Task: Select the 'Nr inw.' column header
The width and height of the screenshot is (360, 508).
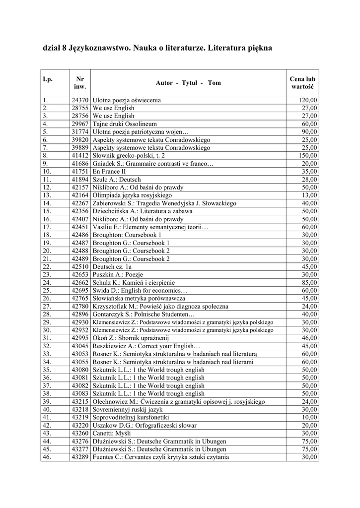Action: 80,83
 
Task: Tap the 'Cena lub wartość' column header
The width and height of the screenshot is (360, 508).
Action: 302,83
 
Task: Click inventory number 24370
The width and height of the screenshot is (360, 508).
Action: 80,100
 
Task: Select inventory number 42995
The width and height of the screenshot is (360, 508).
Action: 80,338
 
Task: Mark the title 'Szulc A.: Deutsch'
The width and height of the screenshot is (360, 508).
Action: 117,179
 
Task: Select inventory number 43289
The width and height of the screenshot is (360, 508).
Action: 80,457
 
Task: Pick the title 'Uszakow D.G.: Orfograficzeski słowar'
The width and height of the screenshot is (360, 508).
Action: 145,425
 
